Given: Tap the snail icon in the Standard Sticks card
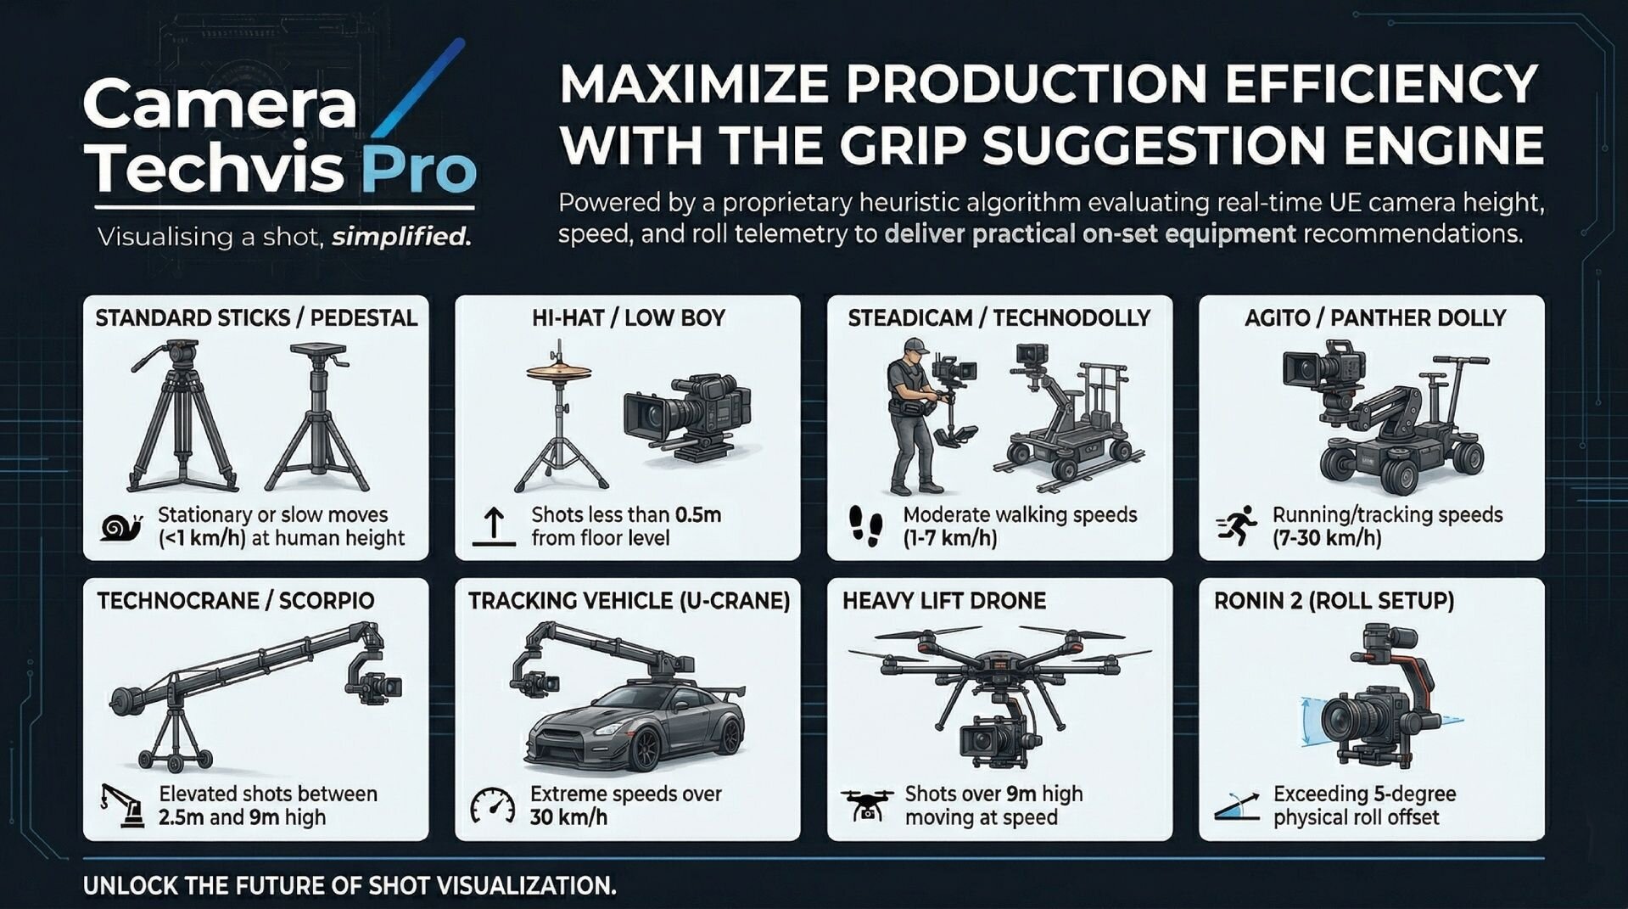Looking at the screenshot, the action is click(120, 527).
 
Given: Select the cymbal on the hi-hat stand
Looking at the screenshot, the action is click(559, 372).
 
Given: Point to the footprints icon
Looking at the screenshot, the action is click(865, 525).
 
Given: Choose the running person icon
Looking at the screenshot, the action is click(1237, 526).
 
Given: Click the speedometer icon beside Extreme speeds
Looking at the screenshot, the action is click(493, 805).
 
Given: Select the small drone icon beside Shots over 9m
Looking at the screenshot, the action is click(867, 804).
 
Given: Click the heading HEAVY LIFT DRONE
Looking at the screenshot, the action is click(943, 601).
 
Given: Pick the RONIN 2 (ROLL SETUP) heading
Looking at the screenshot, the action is click(1334, 601).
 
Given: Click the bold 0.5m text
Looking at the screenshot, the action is click(698, 514).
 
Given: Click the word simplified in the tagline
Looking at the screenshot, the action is click(401, 236).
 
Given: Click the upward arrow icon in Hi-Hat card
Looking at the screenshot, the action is click(494, 526).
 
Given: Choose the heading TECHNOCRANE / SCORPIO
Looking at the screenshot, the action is click(235, 601).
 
